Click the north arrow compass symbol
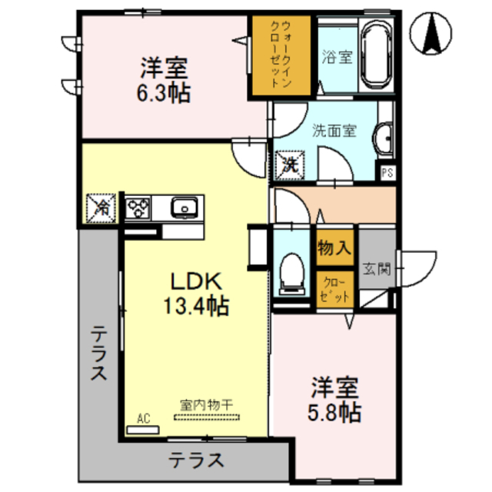click(x=430, y=33)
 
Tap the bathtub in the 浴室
click(x=377, y=55)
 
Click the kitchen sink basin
click(x=184, y=208)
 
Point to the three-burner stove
click(x=138, y=208)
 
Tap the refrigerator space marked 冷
click(x=101, y=208)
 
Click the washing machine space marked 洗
click(x=290, y=165)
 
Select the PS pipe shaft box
click(x=387, y=172)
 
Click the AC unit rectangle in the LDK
click(x=143, y=430)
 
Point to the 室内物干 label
click(x=207, y=405)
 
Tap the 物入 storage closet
click(x=334, y=248)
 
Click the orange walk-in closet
click(x=281, y=55)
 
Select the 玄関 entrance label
click(x=377, y=269)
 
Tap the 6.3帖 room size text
click(x=164, y=93)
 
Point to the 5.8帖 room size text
click(x=334, y=413)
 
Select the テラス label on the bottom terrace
click(x=197, y=460)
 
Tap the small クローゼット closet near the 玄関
click(x=335, y=289)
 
